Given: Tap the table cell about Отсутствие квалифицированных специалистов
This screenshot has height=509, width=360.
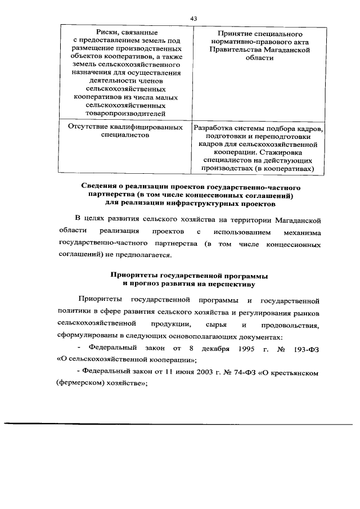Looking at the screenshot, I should (125, 131).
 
